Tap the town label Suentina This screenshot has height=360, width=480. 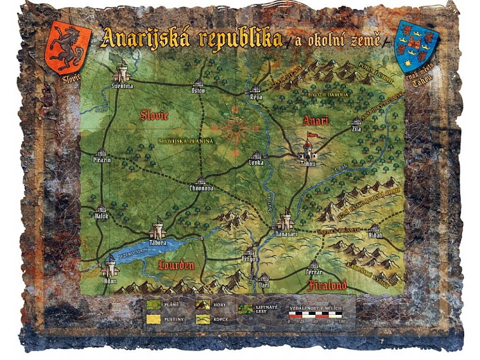(122, 84)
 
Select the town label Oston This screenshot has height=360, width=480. (198, 90)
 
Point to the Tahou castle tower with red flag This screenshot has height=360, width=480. (308, 149)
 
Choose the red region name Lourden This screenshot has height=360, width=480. (177, 264)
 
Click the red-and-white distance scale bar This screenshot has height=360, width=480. (316, 314)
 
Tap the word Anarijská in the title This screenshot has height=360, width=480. (150, 39)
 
